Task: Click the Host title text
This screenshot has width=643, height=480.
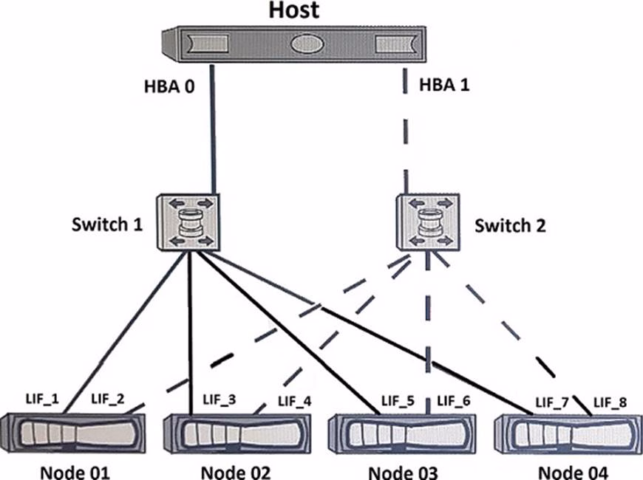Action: coord(293,10)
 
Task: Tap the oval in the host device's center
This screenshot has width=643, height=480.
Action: coord(307,44)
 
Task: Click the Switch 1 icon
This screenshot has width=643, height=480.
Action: coord(189,222)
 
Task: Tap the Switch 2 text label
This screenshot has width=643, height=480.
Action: coord(510,225)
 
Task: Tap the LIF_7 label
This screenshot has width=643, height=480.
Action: coord(553,403)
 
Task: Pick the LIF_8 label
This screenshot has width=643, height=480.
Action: coord(611,403)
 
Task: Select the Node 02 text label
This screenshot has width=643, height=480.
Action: coord(236,471)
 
